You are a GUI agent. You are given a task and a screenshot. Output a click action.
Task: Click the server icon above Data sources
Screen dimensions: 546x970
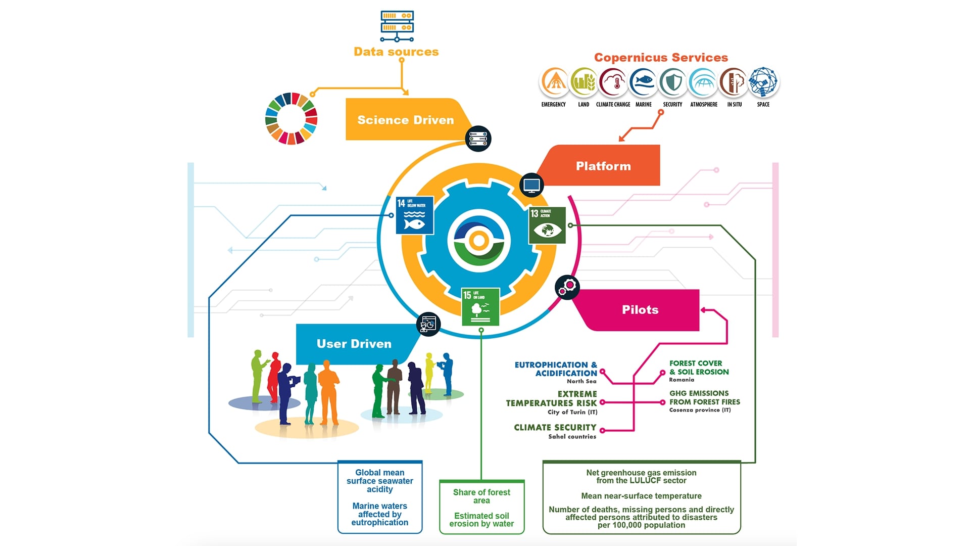[397, 25]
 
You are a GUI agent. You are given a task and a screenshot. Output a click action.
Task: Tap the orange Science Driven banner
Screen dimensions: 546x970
[405, 120]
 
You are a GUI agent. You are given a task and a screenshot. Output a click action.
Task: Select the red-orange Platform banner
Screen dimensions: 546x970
[603, 166]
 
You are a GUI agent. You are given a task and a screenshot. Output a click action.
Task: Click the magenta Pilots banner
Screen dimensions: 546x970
[640, 310]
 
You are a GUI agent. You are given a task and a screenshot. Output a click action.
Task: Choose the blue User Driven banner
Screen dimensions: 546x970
[354, 344]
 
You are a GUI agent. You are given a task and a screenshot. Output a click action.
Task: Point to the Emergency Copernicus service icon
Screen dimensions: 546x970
[554, 82]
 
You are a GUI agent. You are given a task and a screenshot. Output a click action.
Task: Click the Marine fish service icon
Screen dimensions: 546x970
[643, 82]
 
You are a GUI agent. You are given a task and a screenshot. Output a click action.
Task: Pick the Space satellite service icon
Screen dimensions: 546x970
[763, 82]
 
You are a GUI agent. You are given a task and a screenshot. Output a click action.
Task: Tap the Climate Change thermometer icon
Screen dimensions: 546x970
[613, 82]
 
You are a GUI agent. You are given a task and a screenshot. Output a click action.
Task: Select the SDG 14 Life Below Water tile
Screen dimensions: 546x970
[414, 215]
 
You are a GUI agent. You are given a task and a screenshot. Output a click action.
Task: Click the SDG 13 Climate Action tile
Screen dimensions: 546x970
[547, 225]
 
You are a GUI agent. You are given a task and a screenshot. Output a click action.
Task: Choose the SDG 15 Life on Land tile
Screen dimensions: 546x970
[480, 306]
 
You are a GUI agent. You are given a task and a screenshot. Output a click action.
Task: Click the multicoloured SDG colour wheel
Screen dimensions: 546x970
[291, 118]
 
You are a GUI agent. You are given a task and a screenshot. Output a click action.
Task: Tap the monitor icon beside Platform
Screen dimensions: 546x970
[531, 185]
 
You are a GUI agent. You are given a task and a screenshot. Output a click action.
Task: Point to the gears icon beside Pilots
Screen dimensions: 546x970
[567, 287]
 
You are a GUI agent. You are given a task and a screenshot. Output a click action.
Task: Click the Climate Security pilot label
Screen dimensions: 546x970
[555, 428]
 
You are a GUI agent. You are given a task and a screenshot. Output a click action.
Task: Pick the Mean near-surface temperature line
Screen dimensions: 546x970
[641, 496]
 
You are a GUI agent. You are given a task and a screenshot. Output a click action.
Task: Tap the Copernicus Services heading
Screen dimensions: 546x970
[661, 58]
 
